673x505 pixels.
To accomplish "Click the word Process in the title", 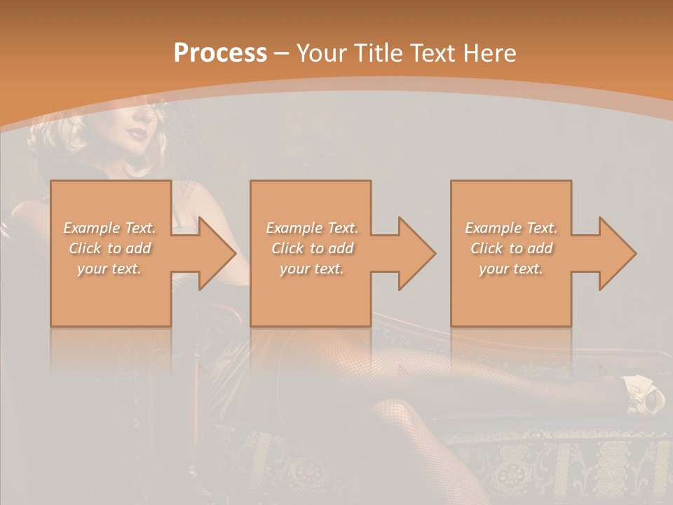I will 220,53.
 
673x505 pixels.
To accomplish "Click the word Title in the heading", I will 377,53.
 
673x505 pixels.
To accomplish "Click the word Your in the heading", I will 322,53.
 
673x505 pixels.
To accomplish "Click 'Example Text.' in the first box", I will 109,228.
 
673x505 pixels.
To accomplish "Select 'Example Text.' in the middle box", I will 311,228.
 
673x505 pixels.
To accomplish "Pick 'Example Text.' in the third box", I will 511,228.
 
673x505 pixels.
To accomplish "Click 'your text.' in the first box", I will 109,269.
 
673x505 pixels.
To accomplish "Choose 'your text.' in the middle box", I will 311,269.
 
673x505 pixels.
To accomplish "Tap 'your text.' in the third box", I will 511,269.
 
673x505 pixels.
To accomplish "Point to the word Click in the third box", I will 487,248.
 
